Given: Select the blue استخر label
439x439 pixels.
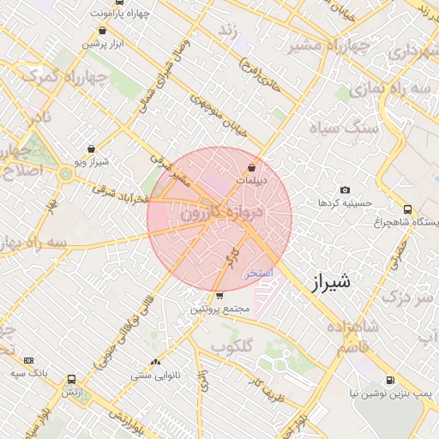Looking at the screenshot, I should tap(258, 273).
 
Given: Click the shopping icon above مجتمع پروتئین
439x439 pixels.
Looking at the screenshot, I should tap(220, 296).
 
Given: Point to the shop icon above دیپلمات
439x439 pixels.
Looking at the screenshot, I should tap(251, 167).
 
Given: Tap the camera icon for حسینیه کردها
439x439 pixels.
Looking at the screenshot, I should tap(345, 189).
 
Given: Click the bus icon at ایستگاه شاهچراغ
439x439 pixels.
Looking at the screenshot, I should tap(406, 209).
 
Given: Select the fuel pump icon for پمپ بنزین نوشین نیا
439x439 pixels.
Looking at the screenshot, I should tap(390, 380).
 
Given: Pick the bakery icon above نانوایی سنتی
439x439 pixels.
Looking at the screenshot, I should tap(155, 363).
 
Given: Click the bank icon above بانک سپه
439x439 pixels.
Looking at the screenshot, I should tap(29, 360).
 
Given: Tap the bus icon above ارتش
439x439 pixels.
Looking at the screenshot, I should tap(70, 379).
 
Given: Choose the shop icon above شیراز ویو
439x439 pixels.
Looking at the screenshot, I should tap(91, 148).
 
